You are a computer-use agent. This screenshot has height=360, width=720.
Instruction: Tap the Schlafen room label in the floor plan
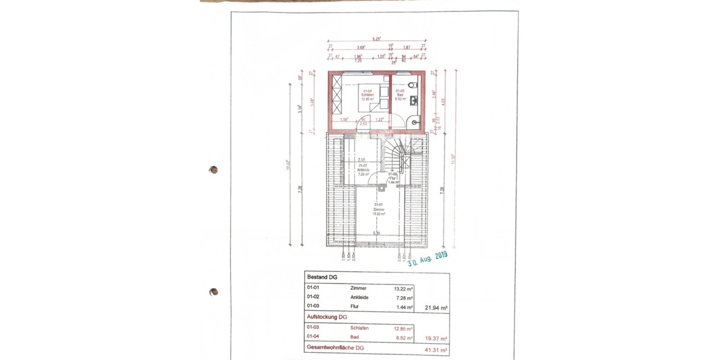[367, 95]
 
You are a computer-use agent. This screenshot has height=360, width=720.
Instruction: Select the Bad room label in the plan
[400, 95]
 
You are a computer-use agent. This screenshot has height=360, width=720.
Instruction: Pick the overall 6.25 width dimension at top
[377, 38]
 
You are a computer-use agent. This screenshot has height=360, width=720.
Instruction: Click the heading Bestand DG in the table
[322, 278]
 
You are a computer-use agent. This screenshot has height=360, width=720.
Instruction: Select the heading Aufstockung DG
[328, 317]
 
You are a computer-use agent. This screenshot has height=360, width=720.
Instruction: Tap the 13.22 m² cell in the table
[403, 289]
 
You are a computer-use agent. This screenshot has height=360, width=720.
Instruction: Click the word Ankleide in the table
[360, 298]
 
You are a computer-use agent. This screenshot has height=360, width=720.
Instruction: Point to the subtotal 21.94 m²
[436, 308]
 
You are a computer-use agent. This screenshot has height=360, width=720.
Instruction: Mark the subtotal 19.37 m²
[436, 338]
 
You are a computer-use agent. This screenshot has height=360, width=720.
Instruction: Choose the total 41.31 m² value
[436, 349]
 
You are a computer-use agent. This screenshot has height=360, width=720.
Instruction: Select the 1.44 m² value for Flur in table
[404, 308]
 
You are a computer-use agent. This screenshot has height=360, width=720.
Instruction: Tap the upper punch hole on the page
[213, 170]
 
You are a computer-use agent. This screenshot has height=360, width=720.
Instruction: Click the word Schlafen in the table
[360, 328]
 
